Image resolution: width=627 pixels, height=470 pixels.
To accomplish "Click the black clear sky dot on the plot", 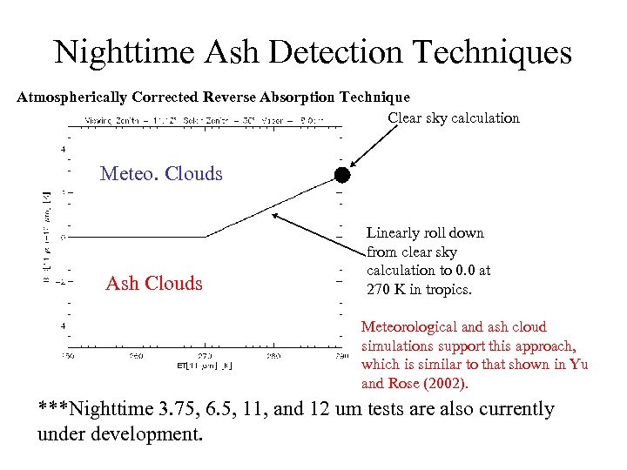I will click(x=342, y=175).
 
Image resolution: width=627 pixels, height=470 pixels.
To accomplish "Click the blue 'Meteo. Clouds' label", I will click(x=161, y=174).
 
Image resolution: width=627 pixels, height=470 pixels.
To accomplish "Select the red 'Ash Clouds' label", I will click(x=154, y=284).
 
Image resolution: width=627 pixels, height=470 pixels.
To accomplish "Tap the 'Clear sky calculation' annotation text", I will click(x=453, y=118).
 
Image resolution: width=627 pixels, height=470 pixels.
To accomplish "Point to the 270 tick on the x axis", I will click(x=205, y=356).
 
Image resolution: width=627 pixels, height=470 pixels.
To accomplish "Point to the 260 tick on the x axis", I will click(x=137, y=356).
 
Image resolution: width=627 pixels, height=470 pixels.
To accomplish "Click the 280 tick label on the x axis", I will click(x=273, y=356).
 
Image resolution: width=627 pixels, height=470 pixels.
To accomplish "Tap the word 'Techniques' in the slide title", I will click(x=493, y=53).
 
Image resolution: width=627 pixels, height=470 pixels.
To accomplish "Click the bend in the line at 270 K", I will click(x=206, y=236).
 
